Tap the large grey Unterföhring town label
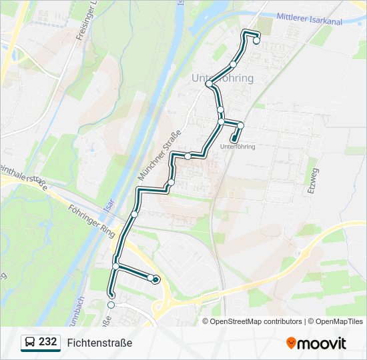click(222, 79)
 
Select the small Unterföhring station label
click(238, 147)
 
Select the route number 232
click(47, 342)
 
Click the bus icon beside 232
click(30, 343)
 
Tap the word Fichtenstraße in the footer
click(99, 343)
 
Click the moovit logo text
click(322, 343)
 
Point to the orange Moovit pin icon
click(291, 343)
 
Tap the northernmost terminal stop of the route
click(256, 41)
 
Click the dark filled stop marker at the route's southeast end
click(155, 280)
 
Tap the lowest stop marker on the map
click(111, 305)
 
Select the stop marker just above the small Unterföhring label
click(240, 125)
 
